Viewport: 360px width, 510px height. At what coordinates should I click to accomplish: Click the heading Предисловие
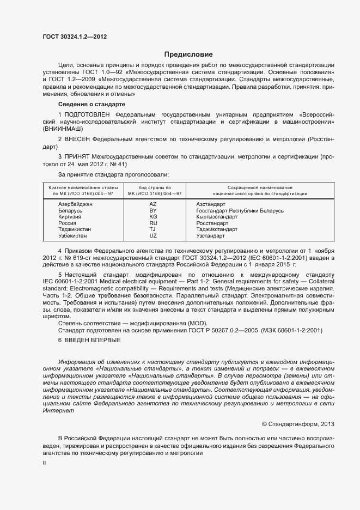(x=189, y=54)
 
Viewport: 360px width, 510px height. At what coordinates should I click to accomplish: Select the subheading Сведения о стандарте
(x=91, y=104)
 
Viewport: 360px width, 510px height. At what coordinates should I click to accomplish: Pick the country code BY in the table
(x=153, y=210)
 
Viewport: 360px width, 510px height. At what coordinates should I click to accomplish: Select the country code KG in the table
(x=153, y=216)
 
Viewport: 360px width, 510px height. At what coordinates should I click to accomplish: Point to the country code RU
(x=153, y=223)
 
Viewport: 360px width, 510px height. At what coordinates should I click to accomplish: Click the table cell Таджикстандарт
(x=217, y=229)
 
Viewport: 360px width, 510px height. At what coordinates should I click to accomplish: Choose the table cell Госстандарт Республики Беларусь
(x=240, y=210)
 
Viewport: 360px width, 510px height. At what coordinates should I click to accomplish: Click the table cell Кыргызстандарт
(x=217, y=216)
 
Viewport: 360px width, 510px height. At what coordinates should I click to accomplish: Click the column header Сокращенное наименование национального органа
(x=252, y=190)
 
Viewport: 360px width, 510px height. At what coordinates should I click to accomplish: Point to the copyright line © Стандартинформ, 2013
(x=298, y=424)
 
